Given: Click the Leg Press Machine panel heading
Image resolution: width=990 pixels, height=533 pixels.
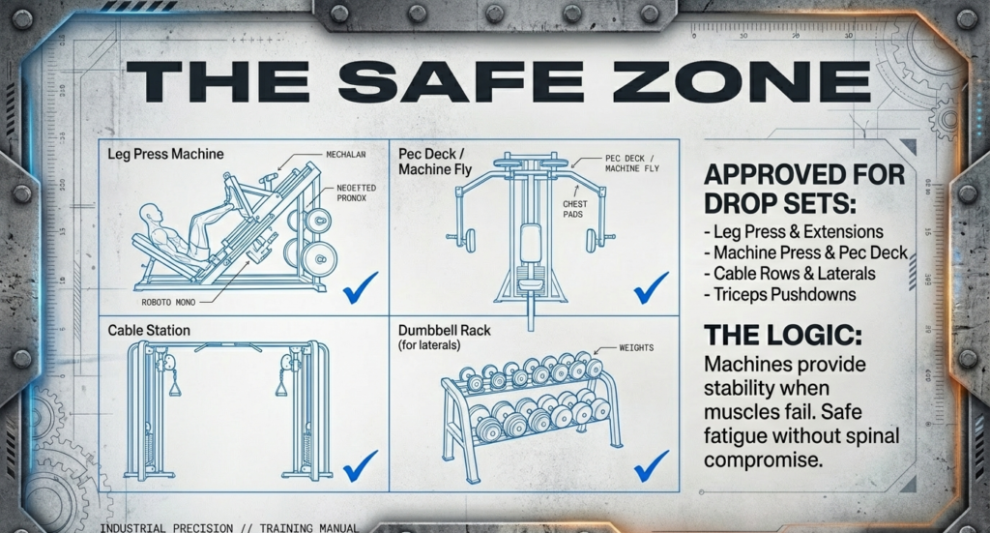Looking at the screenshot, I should pos(165,154).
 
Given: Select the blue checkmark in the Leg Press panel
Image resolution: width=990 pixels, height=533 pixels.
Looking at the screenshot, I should pos(360,286).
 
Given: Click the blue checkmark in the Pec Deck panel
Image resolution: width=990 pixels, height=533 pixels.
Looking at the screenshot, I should pos(651,286).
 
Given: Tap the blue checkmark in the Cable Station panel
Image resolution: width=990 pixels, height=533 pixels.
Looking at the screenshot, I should pos(360,465).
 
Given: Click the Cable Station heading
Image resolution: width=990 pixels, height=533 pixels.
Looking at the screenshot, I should pos(149,331).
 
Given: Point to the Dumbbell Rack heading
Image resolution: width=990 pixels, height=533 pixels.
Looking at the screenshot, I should pos(445,331).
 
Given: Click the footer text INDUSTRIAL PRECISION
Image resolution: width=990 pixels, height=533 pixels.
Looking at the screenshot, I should pos(165,528).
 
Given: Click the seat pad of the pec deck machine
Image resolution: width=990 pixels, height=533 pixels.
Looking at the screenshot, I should pos(530,242).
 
